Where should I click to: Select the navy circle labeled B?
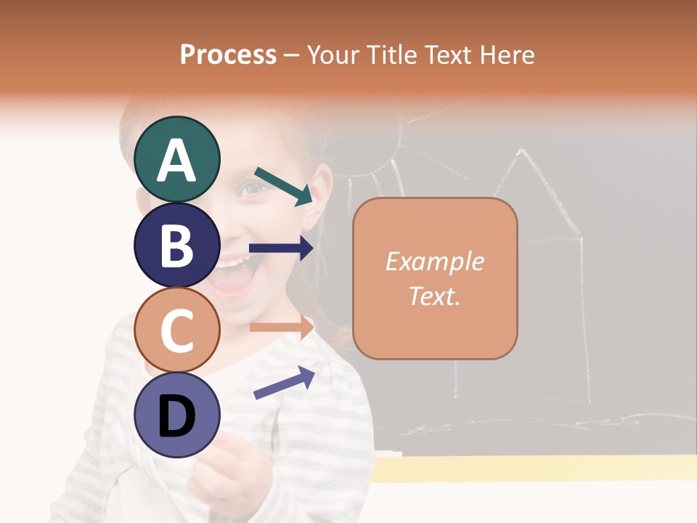click(x=176, y=245)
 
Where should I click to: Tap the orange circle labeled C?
click(x=176, y=331)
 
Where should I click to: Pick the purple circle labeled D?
click(x=176, y=415)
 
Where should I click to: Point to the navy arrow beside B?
click(x=281, y=248)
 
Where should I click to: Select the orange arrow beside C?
click(x=281, y=327)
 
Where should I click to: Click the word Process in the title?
click(x=228, y=54)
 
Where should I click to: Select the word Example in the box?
click(x=434, y=261)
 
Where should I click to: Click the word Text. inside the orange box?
click(x=434, y=296)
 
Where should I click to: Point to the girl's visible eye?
click(x=253, y=188)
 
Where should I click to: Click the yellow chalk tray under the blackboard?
click(x=534, y=469)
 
